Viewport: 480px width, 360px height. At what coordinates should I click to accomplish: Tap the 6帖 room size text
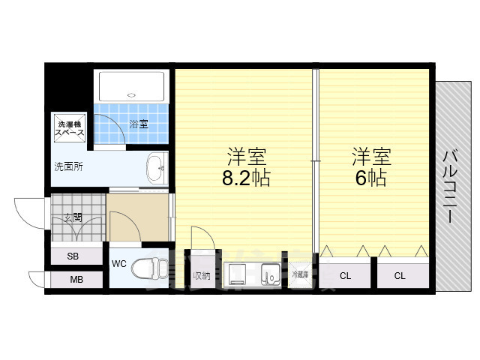coord(371,178)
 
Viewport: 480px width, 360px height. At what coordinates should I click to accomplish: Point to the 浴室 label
coord(139,124)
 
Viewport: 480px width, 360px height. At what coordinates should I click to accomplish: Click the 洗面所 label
coord(67,166)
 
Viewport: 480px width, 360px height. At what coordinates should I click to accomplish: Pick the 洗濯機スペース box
coord(68,128)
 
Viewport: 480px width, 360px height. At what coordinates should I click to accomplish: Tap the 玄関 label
coord(73,218)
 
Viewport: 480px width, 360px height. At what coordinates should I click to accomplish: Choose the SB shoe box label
coord(73,256)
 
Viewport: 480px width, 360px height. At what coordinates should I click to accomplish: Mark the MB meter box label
coord(76,280)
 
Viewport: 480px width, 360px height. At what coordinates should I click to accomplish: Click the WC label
coord(119,264)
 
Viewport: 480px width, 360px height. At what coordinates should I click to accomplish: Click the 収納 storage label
coord(201,275)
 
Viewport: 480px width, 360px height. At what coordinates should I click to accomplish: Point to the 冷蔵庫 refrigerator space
coord(300,274)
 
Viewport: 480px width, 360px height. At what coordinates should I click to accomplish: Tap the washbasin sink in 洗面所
coord(157,168)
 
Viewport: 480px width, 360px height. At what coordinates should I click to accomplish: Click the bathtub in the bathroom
coord(133,86)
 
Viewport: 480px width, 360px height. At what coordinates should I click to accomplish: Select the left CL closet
coord(344,275)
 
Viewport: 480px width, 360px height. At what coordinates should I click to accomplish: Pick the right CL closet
coord(400,275)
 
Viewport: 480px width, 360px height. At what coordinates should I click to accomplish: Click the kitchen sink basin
coord(268,275)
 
